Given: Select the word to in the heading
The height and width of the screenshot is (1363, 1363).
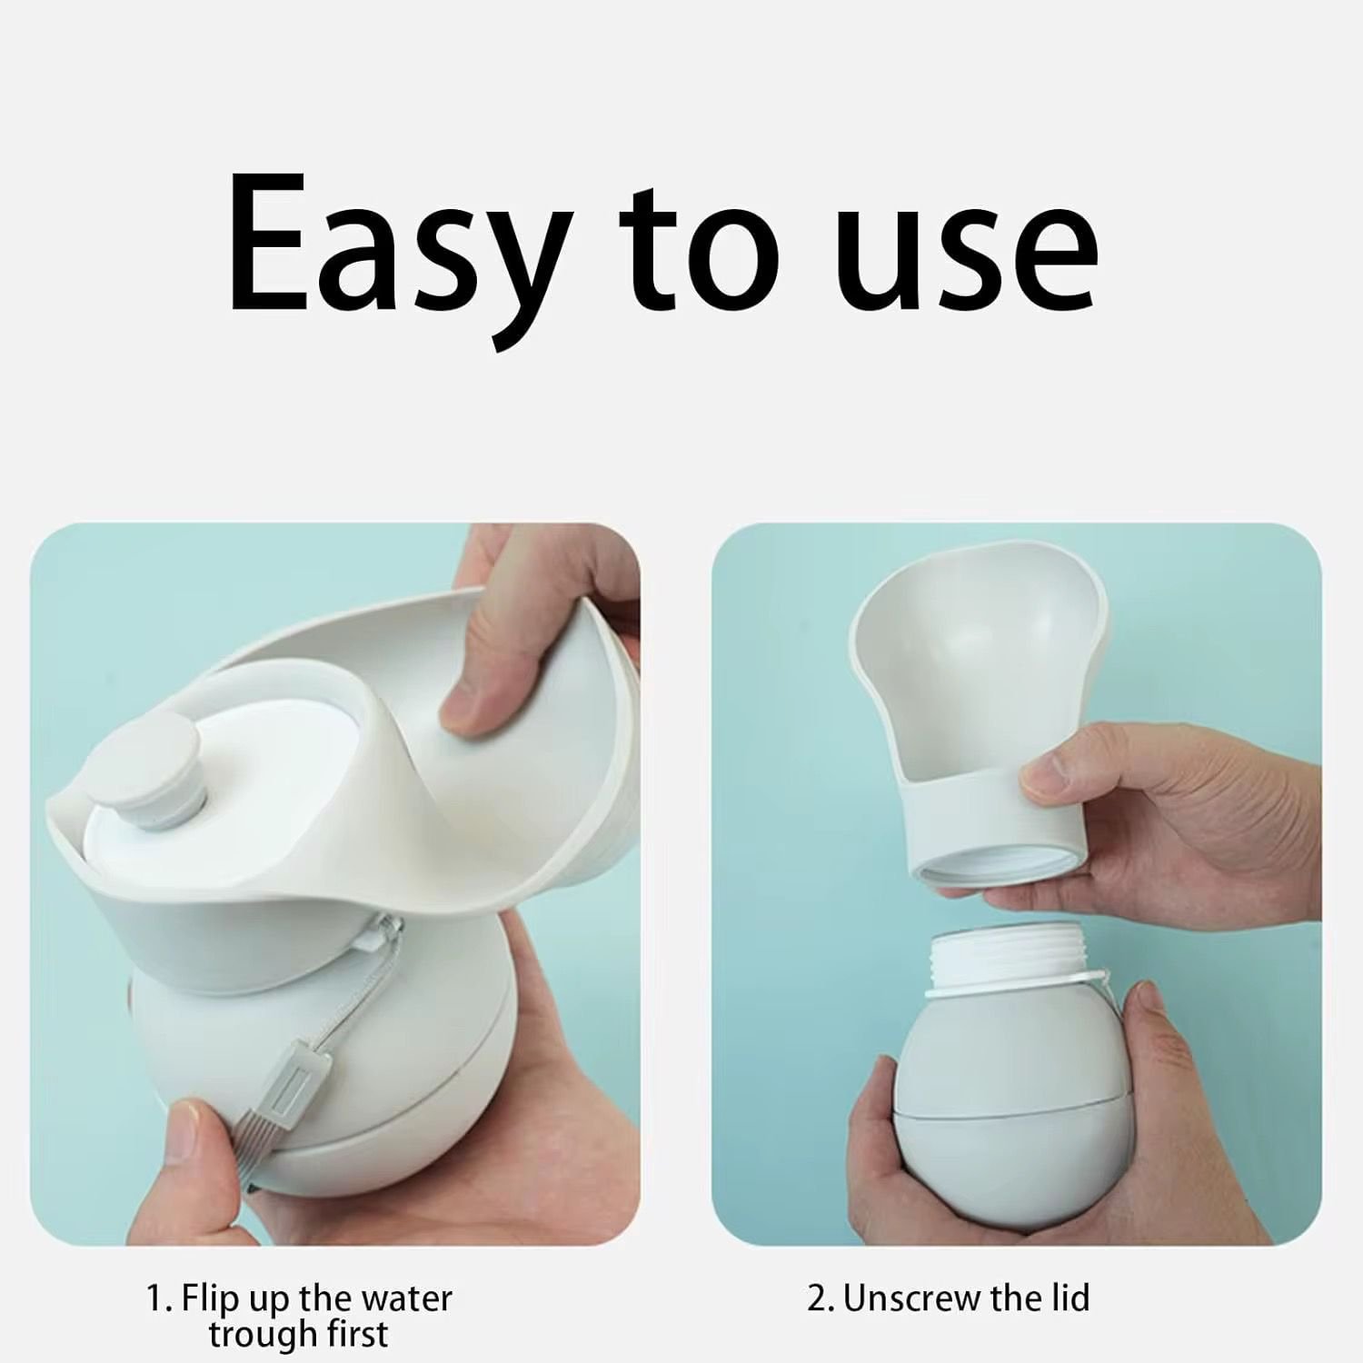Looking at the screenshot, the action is point(700,247).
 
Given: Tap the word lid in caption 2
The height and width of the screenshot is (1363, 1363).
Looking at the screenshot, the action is point(1068,1298).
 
